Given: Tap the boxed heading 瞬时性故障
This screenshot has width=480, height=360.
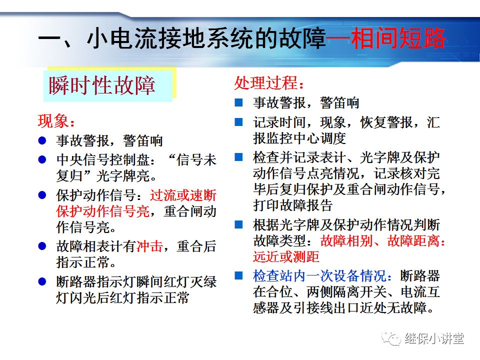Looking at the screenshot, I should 102,85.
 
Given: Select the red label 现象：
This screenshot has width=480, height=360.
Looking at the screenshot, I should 56,121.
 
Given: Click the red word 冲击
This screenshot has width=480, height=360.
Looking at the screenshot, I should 149,246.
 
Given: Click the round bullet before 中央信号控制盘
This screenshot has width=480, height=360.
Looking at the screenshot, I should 43,160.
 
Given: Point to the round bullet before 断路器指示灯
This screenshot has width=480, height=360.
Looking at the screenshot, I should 43,281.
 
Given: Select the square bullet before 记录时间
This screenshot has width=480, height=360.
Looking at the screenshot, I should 239,121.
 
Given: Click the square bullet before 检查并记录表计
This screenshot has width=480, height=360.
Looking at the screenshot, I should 239,157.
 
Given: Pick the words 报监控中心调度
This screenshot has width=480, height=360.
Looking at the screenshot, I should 299,138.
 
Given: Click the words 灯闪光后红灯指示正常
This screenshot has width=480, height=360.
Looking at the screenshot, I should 122,298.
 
